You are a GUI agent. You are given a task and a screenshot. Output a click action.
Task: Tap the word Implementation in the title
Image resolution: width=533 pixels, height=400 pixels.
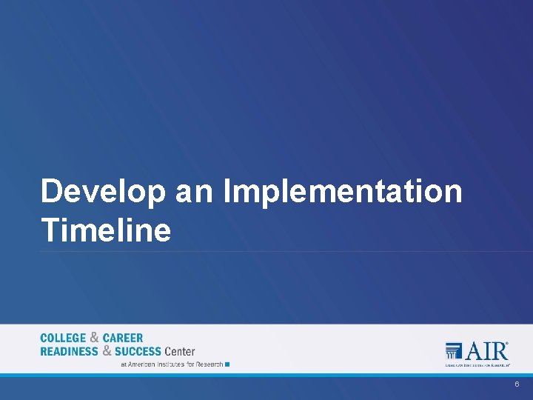(342, 192)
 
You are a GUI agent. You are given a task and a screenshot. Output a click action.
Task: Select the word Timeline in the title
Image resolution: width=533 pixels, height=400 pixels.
(106, 230)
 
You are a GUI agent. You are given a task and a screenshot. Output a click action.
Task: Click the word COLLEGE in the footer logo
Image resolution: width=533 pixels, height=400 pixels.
(63, 339)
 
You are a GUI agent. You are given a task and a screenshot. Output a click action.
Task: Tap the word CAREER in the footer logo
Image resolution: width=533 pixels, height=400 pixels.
(123, 339)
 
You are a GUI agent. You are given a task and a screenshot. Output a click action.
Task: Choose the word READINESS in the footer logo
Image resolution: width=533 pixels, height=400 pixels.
(70, 351)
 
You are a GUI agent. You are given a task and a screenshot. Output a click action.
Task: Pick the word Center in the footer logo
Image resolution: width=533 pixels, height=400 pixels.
(180, 351)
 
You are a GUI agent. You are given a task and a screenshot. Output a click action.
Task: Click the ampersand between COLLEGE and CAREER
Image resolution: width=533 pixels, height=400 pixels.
(95, 338)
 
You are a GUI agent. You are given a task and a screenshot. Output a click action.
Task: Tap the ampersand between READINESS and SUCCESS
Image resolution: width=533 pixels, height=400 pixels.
(107, 350)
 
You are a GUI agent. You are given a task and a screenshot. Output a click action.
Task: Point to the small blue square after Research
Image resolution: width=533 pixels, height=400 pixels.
(227, 364)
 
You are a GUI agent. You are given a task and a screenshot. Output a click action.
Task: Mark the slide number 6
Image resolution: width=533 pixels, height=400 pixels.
(517, 385)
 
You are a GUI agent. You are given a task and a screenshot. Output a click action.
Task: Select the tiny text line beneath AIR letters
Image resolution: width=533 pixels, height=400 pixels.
(477, 364)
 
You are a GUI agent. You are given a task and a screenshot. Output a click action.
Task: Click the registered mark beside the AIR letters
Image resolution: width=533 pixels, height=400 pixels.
(508, 343)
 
